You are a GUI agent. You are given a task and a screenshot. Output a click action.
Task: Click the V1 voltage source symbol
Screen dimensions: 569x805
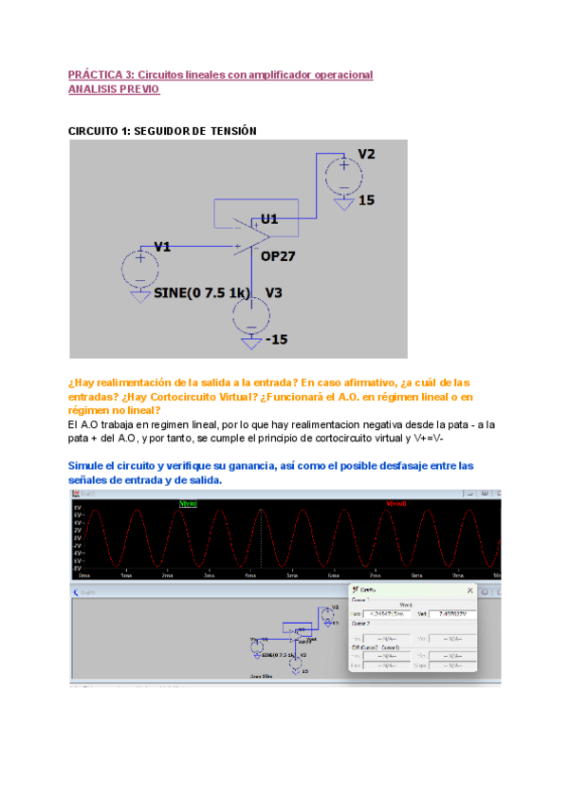[139, 268]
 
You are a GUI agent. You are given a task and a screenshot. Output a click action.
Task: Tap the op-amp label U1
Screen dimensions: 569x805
[269, 218]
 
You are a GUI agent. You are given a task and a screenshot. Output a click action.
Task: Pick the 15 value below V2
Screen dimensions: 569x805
[366, 200]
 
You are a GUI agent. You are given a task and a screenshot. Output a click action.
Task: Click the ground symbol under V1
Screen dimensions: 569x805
[139, 296]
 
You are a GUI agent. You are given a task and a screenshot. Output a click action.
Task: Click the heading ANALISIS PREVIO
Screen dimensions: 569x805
[115, 89]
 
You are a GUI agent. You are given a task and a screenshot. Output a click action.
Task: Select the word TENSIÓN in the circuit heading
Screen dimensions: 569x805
[233, 130]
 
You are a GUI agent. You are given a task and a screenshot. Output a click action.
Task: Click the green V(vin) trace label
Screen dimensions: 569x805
[189, 503]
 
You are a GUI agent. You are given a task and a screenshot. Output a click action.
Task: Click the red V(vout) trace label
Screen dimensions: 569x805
[395, 503]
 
